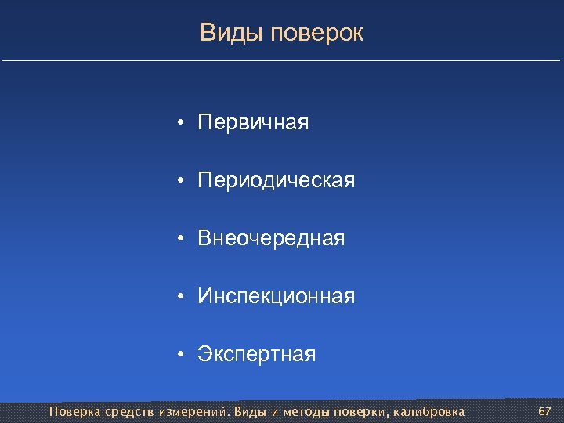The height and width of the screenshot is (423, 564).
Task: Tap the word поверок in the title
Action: tap(316, 34)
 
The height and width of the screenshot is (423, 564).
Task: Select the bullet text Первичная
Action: tap(253, 123)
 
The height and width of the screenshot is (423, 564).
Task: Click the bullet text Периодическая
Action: tap(276, 181)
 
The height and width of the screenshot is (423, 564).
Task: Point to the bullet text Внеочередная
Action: tap(271, 238)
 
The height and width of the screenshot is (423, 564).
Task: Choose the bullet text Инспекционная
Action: tap(276, 296)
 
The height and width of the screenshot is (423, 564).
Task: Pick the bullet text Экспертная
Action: tap(257, 355)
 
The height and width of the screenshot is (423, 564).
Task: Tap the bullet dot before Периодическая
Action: tap(180, 182)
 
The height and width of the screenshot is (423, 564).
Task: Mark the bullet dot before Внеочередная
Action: tap(180, 239)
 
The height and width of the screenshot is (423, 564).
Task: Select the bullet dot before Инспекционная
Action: tap(180, 297)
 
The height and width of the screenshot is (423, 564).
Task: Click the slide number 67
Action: tap(545, 411)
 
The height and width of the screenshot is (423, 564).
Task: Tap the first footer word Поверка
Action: tap(74, 411)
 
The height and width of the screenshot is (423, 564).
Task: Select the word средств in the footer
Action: tap(128, 411)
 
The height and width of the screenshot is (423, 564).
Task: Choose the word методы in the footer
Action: tap(306, 411)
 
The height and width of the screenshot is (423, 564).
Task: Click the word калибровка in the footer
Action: tap(428, 411)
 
